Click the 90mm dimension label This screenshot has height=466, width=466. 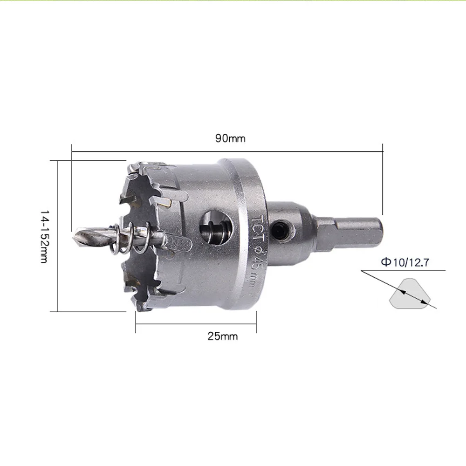tap(230, 138)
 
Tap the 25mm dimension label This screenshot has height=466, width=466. tap(223, 336)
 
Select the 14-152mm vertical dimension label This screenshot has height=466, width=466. tap(44, 237)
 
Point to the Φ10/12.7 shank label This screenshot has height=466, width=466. tap(405, 262)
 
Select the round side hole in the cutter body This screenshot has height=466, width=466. tap(216, 227)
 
